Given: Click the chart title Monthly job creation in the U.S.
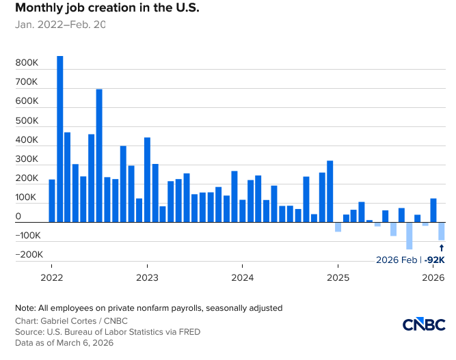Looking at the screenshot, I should coord(107,9).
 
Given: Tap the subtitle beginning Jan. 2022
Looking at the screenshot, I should coord(60,25).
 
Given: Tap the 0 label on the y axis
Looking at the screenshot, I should coord(18,217).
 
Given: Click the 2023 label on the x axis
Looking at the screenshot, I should coord(147,278).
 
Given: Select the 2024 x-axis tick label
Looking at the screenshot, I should coord(243,278).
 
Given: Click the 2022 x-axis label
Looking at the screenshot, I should coord(52,278).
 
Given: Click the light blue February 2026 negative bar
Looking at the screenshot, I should coord(442,231).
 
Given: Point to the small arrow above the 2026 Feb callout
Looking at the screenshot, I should coord(442,247).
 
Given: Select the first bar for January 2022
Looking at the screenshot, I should coord(52,201).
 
